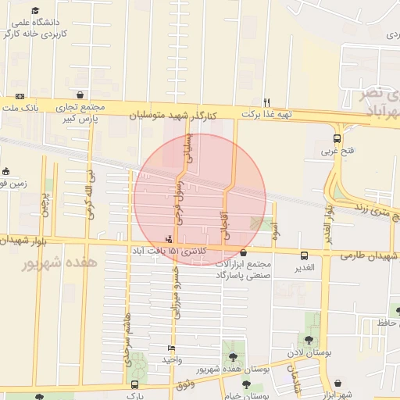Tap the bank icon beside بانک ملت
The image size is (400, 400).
[x=20, y=96]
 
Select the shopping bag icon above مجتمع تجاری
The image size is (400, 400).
[x=80, y=95]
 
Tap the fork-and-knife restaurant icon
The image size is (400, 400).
[x=267, y=102]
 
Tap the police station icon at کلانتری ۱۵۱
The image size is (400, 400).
[x=170, y=239]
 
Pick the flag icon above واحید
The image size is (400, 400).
[x=172, y=348]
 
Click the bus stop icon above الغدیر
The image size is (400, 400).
[x=304, y=255]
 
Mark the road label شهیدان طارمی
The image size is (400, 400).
[x=369, y=256]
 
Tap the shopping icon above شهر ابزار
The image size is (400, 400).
[x=337, y=384]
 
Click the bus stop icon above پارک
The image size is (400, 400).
[x=135, y=384]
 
